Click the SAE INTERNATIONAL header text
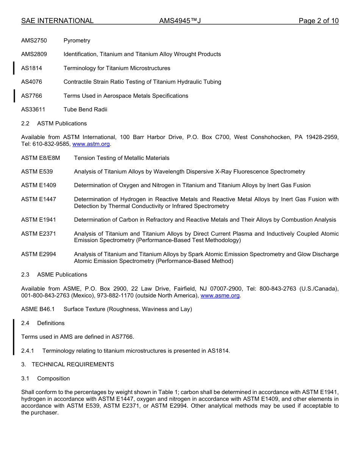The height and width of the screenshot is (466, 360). (57, 21)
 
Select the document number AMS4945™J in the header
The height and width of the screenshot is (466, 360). (180, 21)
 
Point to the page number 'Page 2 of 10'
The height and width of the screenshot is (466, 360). (318, 21)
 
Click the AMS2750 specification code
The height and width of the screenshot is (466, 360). (34, 41)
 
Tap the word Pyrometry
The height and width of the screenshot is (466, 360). (77, 41)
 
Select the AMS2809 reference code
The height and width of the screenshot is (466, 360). (34, 54)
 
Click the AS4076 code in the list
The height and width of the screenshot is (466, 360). (32, 82)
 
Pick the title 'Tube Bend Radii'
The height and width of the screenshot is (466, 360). (85, 109)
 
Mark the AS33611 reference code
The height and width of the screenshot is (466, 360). (33, 109)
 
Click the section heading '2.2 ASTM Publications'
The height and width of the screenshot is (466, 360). (54, 124)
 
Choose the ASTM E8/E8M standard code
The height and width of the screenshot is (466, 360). (41, 158)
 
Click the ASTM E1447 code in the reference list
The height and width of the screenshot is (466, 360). (39, 199)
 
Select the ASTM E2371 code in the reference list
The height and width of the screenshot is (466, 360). (39, 234)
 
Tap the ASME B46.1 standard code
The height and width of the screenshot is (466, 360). (38, 309)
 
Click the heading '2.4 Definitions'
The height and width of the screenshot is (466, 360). (43, 323)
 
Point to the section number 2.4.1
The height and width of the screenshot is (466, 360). (28, 351)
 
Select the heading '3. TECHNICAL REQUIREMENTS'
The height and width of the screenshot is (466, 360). (67, 364)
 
